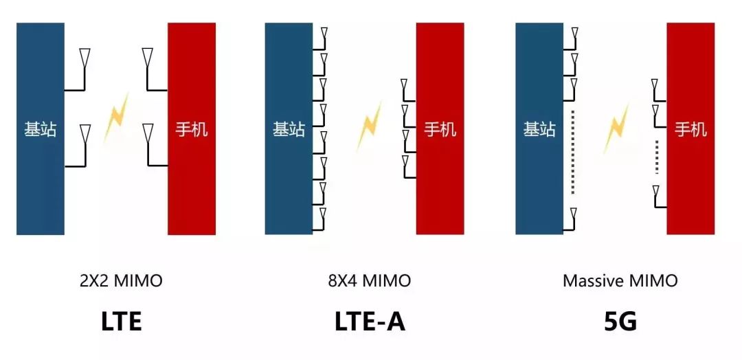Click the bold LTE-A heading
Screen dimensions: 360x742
click(x=370, y=322)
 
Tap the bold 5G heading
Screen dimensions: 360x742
click(x=620, y=322)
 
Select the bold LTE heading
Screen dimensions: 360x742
click(x=121, y=322)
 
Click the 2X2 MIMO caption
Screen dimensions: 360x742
click(x=121, y=281)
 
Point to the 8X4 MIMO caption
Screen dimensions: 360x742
click(x=370, y=281)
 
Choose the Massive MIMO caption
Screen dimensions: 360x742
click(x=620, y=281)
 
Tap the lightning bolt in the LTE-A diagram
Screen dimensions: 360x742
click(x=369, y=126)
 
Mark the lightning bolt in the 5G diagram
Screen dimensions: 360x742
click(x=616, y=127)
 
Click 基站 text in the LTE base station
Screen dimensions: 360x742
click(x=41, y=129)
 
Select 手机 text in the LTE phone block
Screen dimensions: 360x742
click(x=192, y=129)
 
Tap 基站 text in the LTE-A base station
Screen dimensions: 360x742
click(x=289, y=129)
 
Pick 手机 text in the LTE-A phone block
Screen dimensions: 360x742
click(x=440, y=129)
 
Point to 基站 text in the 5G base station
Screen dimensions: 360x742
click(x=539, y=129)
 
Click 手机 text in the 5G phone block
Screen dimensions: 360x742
click(x=690, y=129)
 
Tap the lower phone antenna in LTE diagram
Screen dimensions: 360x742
click(x=147, y=134)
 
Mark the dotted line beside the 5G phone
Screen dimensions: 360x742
click(x=657, y=157)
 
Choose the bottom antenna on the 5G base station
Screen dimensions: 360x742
click(x=573, y=216)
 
